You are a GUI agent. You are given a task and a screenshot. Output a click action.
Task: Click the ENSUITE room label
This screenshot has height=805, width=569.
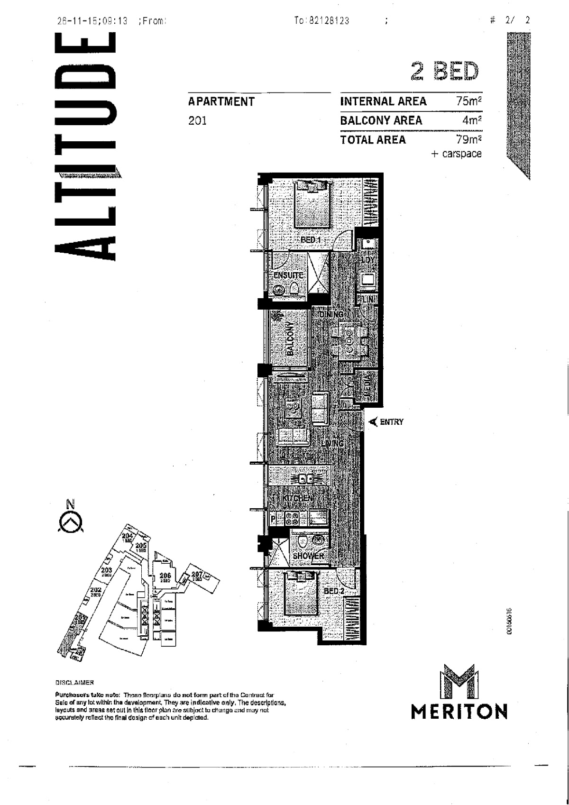coord(288,275)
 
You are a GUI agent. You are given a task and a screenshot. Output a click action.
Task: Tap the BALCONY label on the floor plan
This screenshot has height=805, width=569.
coord(291,339)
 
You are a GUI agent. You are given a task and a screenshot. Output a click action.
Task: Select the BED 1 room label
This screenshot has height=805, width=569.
coord(311,240)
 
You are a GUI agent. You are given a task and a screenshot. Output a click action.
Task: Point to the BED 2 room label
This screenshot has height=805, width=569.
coord(334,591)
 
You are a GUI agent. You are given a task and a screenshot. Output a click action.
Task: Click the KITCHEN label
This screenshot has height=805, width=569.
coord(297,499)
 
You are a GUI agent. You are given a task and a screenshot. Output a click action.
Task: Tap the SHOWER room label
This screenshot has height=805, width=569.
coord(308,556)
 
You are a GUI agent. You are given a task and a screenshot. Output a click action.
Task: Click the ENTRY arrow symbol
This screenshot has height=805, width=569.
coord(373,421)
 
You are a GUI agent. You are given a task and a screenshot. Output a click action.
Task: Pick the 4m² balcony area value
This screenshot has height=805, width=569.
coord(472,120)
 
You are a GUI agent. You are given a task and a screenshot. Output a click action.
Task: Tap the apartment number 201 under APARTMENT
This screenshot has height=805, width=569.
coord(197,121)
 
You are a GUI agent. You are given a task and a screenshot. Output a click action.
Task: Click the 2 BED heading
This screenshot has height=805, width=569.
coord(445,72)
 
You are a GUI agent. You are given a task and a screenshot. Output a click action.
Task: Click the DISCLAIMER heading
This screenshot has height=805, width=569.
coord(74,683)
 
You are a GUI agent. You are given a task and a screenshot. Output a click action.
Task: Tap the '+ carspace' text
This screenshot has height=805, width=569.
coord(456,154)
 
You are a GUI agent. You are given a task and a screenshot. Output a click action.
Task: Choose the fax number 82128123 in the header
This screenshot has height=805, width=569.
coord(328,21)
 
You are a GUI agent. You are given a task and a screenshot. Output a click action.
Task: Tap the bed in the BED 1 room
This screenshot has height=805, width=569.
coord(312,205)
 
